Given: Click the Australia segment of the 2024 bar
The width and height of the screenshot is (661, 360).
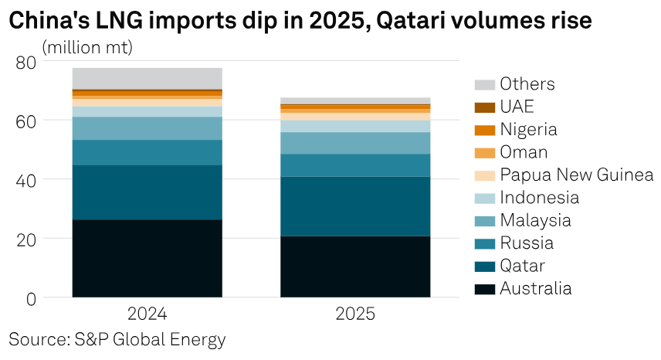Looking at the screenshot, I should (147, 258).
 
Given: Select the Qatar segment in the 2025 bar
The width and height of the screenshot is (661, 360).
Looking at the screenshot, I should (355, 206).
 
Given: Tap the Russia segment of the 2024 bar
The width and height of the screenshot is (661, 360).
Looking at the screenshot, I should (147, 152).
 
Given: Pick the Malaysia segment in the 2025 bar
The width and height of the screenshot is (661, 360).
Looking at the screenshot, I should (355, 143).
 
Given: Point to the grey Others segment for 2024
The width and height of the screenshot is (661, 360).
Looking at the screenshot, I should (147, 78).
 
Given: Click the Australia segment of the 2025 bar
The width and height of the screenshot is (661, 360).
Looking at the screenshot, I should (355, 267).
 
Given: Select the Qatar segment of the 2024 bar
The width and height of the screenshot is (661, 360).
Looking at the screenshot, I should (147, 192).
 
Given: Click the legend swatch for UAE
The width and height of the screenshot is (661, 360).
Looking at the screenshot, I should (484, 107).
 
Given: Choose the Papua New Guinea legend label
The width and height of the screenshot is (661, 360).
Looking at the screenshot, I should (576, 175).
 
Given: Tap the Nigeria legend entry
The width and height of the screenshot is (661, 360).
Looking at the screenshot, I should (528, 130).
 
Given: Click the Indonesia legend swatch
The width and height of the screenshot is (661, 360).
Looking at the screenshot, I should (484, 198).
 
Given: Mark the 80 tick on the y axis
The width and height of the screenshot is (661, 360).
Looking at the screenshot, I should (25, 62).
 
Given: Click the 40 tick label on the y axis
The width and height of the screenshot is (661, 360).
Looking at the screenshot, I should (25, 180).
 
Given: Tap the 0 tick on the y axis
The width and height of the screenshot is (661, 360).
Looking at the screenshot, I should (31, 298).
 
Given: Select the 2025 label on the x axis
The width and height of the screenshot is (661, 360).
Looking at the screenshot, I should (355, 314).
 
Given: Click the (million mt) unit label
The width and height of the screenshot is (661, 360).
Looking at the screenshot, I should (87, 47).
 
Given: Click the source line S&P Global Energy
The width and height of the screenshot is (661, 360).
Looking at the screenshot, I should (117, 339).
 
